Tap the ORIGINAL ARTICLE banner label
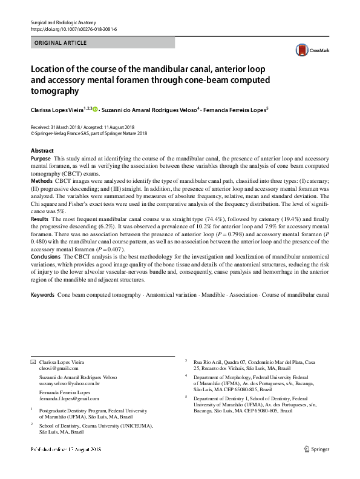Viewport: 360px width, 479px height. tap(61, 43)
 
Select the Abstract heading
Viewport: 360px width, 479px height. tap(45, 150)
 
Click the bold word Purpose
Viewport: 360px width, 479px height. tap(41, 157)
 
